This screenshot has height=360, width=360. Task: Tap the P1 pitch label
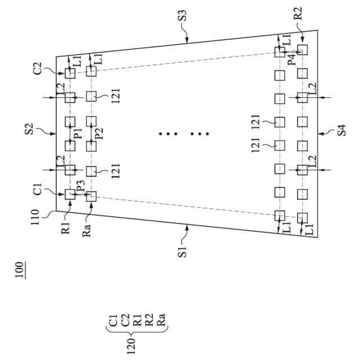78,133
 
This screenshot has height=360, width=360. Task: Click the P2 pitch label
99,133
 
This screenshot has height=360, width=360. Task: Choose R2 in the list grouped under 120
150,321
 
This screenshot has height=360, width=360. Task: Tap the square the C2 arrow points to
70,73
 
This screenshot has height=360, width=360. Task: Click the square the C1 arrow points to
70,194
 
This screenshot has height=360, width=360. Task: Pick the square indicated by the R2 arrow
302,50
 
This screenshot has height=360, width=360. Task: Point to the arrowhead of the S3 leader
187,40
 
